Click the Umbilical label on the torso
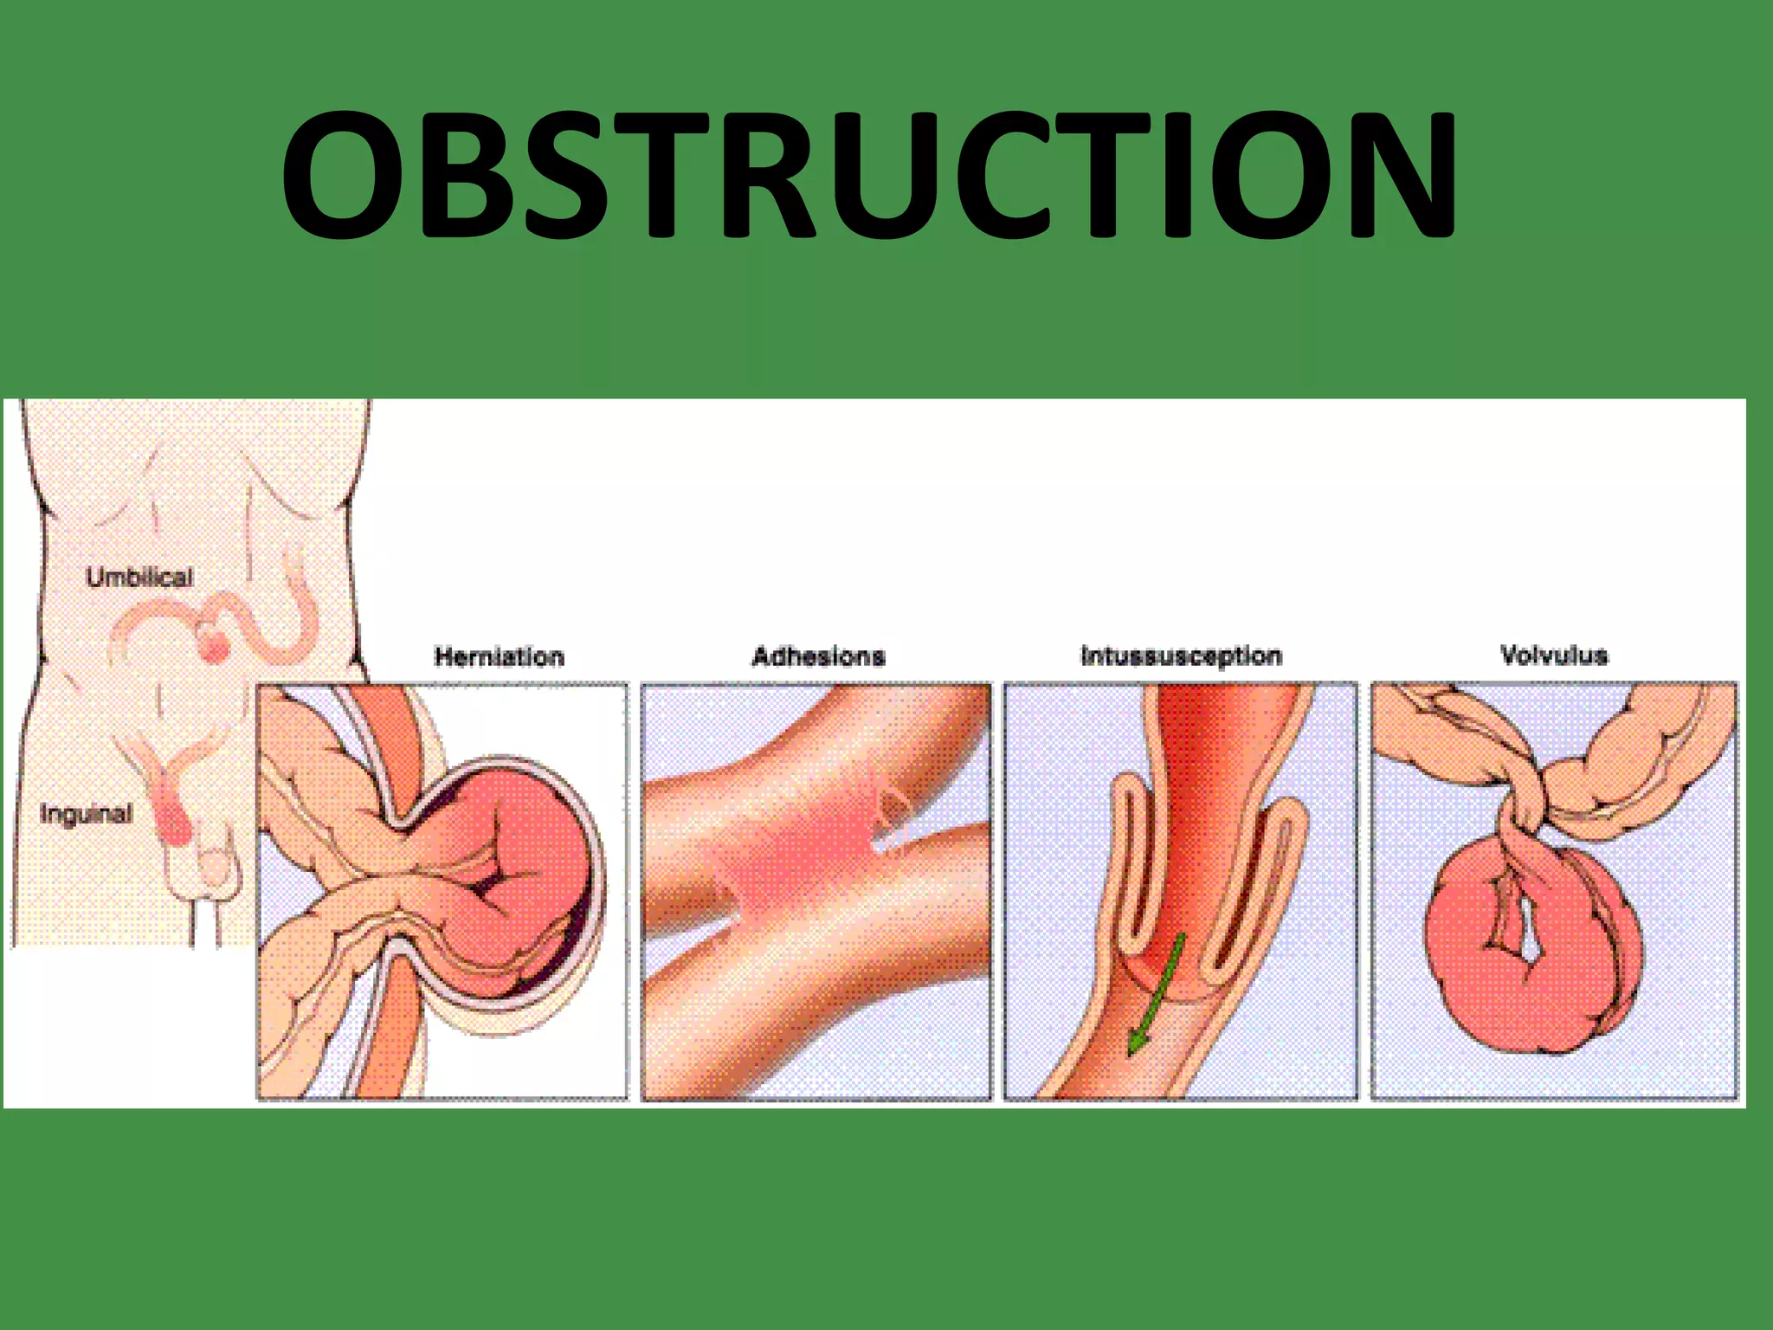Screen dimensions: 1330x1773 (x=139, y=578)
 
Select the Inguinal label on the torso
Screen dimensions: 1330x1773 (x=86, y=814)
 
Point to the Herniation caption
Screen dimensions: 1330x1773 (x=499, y=656)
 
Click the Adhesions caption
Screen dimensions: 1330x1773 (x=818, y=656)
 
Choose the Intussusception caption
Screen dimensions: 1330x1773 (x=1181, y=656)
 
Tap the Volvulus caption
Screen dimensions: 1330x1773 (x=1554, y=655)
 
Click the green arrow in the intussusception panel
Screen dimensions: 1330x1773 (x=1156, y=996)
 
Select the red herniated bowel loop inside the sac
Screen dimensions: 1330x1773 (x=519, y=866)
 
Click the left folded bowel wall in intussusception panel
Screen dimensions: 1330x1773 (x=1125, y=866)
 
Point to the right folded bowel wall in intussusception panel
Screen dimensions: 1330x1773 (x=1273, y=883)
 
